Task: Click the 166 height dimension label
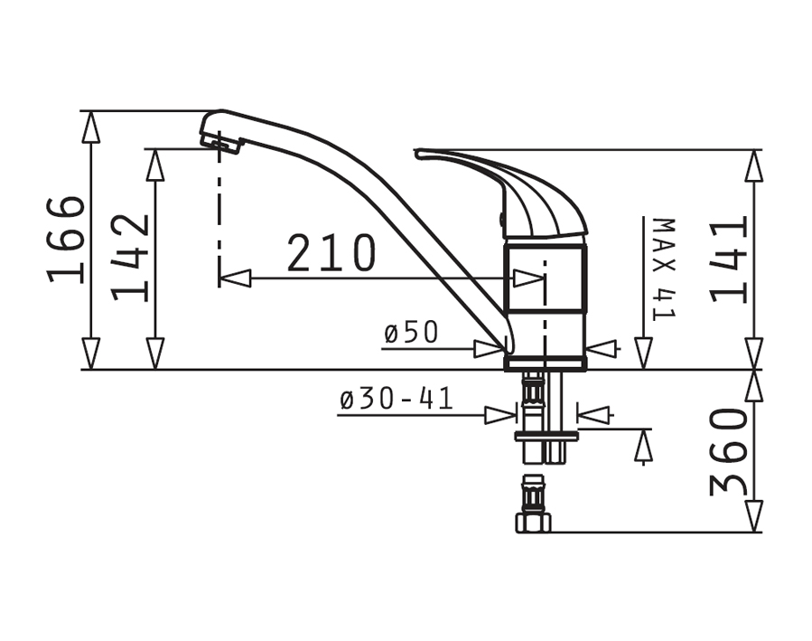(x=65, y=240)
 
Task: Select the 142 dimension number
(x=129, y=258)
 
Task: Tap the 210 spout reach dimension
(x=331, y=253)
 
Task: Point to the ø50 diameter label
(x=411, y=332)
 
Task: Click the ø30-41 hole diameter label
(x=397, y=399)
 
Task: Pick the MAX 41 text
(x=664, y=269)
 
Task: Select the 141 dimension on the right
(x=729, y=259)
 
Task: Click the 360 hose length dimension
(x=729, y=451)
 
